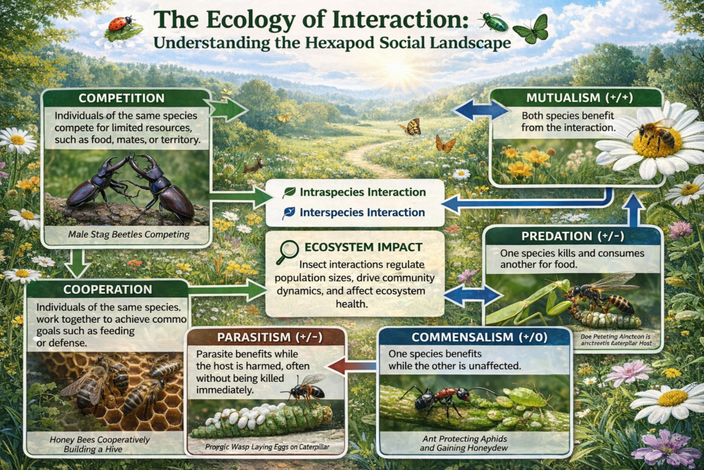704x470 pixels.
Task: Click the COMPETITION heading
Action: (122, 98)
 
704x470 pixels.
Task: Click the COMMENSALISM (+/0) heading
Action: (474, 337)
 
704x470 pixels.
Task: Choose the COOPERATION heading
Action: (107, 289)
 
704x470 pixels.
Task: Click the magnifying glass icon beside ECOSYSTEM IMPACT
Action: (284, 252)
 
